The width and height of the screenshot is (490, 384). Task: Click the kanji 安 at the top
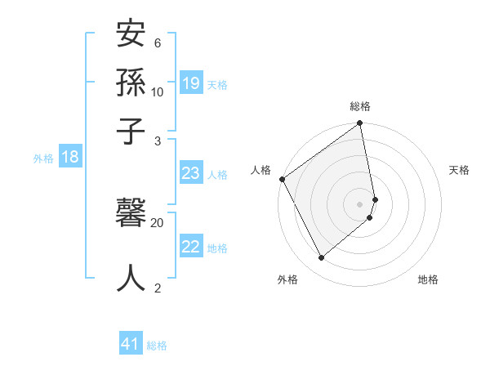click(131, 35)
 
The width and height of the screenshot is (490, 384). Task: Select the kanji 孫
click(131, 83)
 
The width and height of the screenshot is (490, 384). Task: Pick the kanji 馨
click(131, 215)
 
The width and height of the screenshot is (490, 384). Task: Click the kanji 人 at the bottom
click(131, 278)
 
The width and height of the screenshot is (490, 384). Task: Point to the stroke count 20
click(157, 222)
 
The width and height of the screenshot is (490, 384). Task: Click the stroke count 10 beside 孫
click(157, 92)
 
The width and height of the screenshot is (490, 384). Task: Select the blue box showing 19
click(191, 83)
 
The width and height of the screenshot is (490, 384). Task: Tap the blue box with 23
click(191, 173)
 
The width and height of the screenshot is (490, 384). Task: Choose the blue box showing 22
click(191, 248)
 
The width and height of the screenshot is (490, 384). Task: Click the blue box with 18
click(69, 158)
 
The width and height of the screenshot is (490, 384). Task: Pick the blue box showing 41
click(131, 345)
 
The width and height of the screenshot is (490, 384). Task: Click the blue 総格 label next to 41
click(157, 346)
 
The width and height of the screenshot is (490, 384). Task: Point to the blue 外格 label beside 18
click(43, 159)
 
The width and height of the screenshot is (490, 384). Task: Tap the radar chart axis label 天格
click(459, 170)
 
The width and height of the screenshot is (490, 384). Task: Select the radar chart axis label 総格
click(360, 106)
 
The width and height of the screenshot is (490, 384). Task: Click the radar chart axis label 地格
click(428, 279)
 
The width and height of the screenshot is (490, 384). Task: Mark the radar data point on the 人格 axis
click(282, 179)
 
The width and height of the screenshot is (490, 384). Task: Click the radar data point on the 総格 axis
click(360, 124)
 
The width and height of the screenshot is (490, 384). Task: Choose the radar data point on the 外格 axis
click(321, 257)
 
